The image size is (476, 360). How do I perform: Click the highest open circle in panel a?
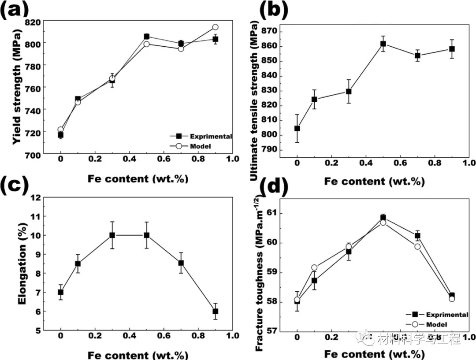pyautogui.click(x=215, y=27)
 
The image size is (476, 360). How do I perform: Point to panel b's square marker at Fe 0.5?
pyautogui.click(x=383, y=44)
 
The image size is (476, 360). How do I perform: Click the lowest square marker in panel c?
pyautogui.click(x=216, y=311)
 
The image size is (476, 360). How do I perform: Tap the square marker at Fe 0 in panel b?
pyautogui.click(x=297, y=129)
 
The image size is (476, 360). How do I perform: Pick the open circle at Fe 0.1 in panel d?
pyautogui.click(x=314, y=267)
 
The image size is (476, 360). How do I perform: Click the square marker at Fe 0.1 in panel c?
pyautogui.click(x=78, y=264)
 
